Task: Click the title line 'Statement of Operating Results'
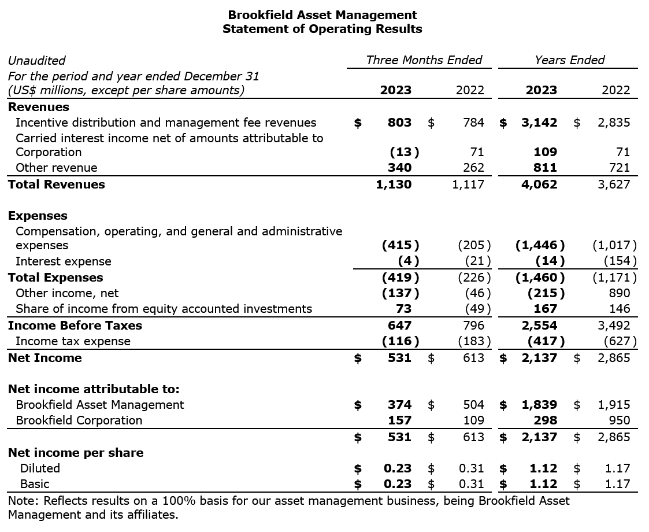click(x=322, y=29)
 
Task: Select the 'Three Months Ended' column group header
click(x=424, y=60)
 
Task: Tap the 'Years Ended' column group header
click(x=569, y=60)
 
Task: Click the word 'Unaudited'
click(x=36, y=60)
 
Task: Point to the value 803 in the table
click(x=399, y=123)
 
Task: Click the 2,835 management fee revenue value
click(x=614, y=123)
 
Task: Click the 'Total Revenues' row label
click(x=56, y=184)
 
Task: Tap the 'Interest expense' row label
click(x=63, y=261)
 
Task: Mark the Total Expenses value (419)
click(x=400, y=277)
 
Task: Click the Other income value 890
click(x=619, y=293)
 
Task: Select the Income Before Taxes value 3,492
click(x=614, y=326)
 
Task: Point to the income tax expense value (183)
click(x=474, y=341)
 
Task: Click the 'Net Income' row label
click(x=44, y=358)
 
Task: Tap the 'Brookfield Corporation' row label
click(x=79, y=420)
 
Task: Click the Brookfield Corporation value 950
click(x=619, y=420)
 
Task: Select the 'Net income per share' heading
click(x=75, y=453)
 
